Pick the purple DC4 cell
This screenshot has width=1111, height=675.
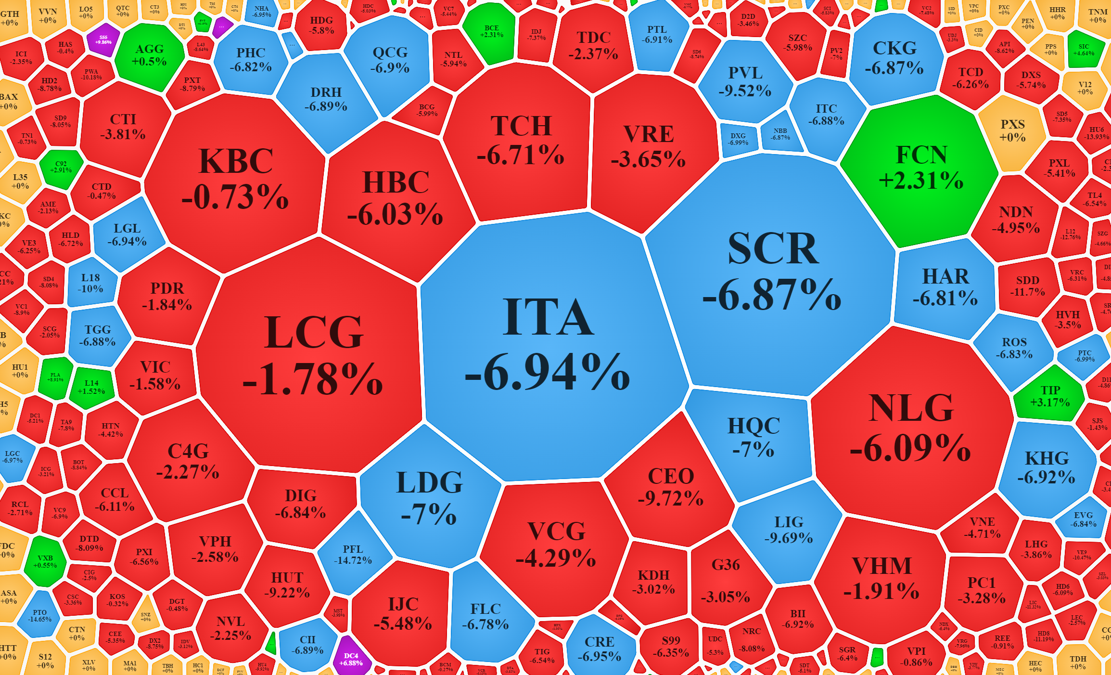click(x=351, y=659)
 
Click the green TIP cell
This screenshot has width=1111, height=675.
click(x=1049, y=396)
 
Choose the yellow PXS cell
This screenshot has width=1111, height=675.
click(x=1012, y=131)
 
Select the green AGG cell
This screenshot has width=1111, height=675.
click(x=150, y=55)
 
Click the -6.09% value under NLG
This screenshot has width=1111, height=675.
click(x=910, y=448)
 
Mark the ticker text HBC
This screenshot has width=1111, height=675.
click(x=396, y=182)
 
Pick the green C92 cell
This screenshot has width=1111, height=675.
click(x=61, y=167)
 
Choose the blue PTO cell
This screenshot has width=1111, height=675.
click(x=39, y=616)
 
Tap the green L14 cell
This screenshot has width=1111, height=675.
click(x=91, y=387)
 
